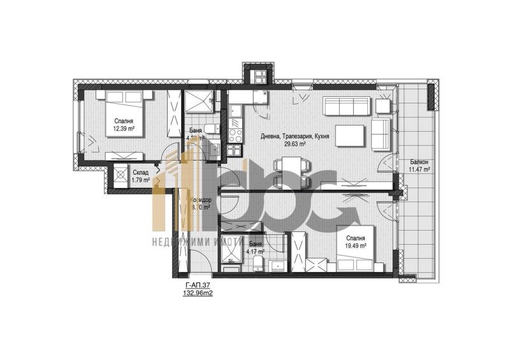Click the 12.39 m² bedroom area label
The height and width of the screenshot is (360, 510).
pos(125,129)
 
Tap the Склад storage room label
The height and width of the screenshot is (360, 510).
pos(140,171)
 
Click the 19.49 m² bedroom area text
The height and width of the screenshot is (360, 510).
pos(354,245)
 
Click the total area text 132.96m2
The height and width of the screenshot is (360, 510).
pos(197,295)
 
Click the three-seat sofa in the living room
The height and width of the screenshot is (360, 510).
pos(347,106)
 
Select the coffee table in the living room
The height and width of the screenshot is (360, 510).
pos(350,136)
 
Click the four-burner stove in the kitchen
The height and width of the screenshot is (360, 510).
pos(235,135)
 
